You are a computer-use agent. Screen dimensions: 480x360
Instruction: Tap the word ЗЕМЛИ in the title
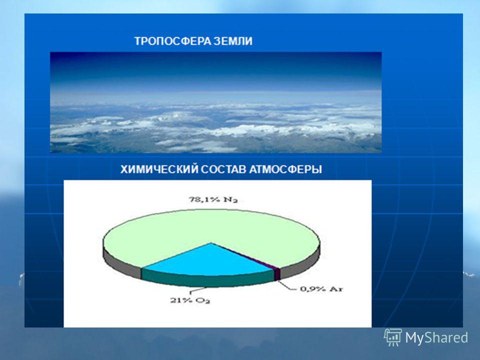point(233,41)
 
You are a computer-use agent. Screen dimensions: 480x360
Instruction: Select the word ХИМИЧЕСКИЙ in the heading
point(159,169)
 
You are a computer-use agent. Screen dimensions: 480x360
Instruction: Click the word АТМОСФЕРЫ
point(285,169)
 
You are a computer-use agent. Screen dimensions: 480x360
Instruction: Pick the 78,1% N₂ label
point(213,200)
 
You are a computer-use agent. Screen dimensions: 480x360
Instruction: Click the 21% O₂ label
point(190,300)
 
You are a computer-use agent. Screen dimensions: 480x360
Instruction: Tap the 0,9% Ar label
point(321,288)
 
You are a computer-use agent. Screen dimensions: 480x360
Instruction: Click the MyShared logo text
point(436,337)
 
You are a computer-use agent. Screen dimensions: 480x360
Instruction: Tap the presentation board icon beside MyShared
point(393,337)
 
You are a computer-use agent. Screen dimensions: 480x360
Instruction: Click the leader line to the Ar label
point(288,286)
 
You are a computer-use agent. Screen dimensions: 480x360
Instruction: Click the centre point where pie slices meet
point(211,243)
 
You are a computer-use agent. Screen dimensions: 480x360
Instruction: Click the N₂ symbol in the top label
point(230,200)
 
